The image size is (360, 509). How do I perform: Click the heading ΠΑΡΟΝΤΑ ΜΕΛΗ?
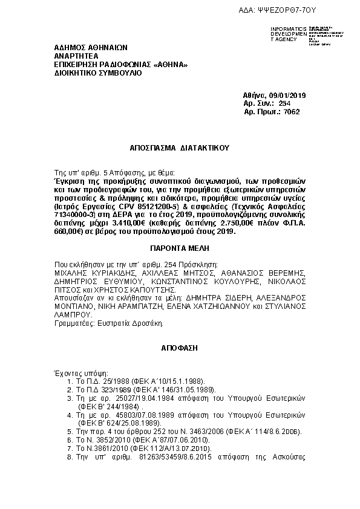pos(179,248)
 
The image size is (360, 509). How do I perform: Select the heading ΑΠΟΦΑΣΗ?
pos(179,349)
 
